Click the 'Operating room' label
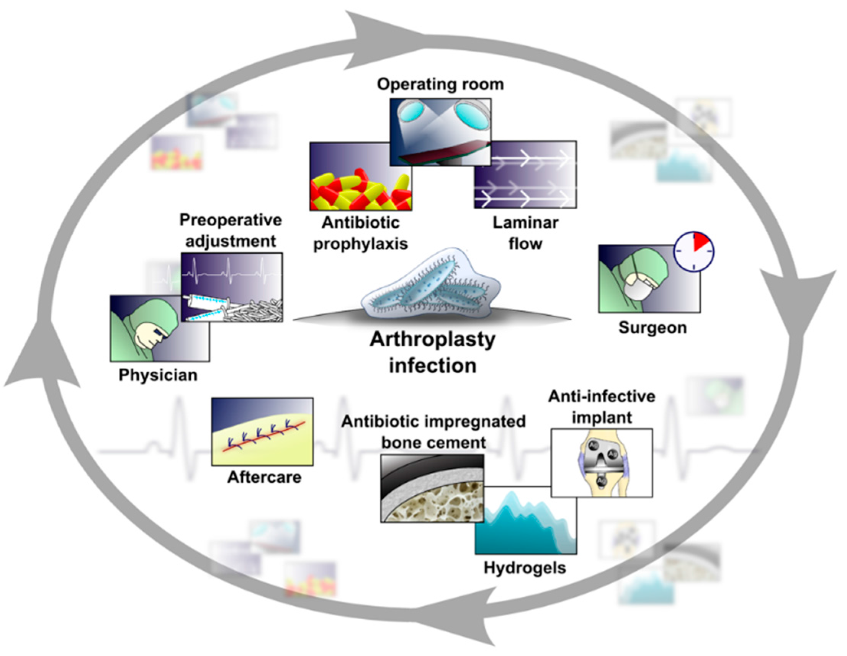pyautogui.click(x=440, y=84)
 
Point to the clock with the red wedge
pyautogui.click(x=694, y=251)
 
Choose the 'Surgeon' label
pyautogui.click(x=652, y=328)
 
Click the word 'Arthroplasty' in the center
pyautogui.click(x=432, y=339)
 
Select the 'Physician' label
pyautogui.click(x=158, y=375)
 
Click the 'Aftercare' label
pyautogui.click(x=264, y=477)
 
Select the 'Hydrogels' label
pyautogui.click(x=525, y=568)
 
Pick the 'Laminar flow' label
pyautogui.click(x=525, y=233)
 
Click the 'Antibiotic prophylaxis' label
pyautogui.click(x=360, y=233)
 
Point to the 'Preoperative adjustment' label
pyautogui.click(x=231, y=231)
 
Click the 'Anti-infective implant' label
pyautogui.click(x=602, y=407)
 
